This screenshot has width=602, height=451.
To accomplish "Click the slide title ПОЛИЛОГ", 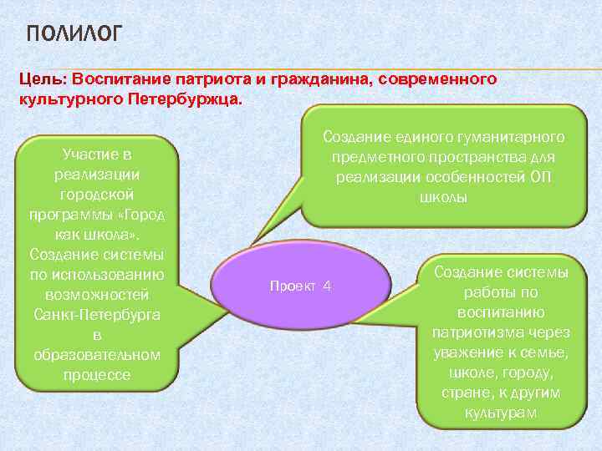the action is (74, 34).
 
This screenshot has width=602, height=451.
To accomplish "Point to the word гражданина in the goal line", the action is (326, 79).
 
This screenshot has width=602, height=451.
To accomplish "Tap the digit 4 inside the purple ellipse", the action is (327, 286).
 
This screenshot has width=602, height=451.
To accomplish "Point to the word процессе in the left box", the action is (96, 374).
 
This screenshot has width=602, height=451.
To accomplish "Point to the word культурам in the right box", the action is (501, 413).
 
